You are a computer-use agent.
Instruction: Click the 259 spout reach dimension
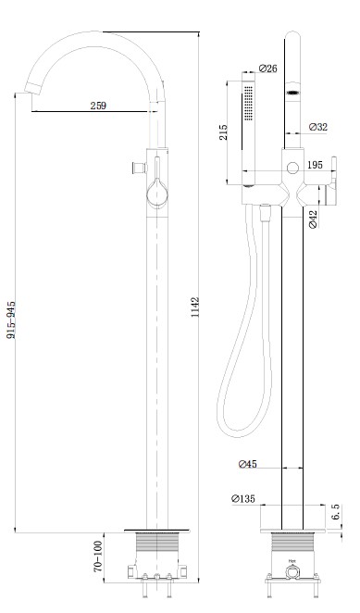tap(98, 106)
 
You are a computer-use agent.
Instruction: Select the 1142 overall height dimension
tap(195, 307)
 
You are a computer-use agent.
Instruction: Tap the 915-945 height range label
tap(11, 319)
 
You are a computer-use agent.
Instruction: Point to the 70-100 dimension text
tap(98, 557)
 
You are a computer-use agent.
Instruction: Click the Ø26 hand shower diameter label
tap(268, 69)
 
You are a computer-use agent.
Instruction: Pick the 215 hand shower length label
tap(223, 132)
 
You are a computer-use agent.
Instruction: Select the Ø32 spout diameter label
tap(317, 127)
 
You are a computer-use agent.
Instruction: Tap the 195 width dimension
tap(315, 165)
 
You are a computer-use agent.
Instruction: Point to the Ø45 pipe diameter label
tap(248, 464)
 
